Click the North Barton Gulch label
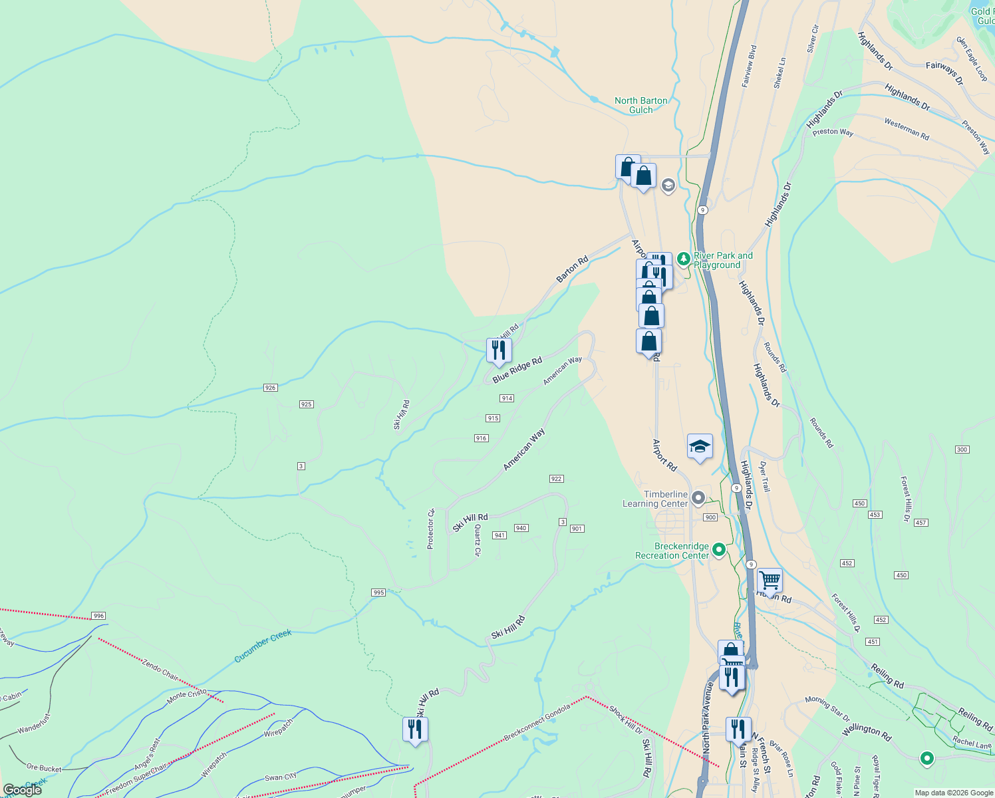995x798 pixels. pos(640,105)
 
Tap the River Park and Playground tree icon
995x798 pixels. pos(683,258)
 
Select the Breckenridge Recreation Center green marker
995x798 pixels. pos(718,550)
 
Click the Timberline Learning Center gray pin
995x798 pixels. pos(698,497)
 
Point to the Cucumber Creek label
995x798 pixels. pos(263,646)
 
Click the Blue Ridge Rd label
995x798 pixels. pos(517,370)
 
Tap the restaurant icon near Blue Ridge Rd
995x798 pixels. pos(498,350)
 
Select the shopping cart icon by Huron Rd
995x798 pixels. pos(770,580)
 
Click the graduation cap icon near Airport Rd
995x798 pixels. pos(699,447)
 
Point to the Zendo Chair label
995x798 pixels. pos(160,669)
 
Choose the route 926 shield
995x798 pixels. pos(270,388)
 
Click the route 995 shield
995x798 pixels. pos(378,593)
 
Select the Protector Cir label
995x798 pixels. pos(430,529)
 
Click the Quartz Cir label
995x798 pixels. pos(478,540)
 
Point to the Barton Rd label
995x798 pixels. pos(572,269)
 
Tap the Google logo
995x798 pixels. pos(23,790)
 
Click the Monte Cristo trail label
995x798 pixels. pos(186,696)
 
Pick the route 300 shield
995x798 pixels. pos(962,450)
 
